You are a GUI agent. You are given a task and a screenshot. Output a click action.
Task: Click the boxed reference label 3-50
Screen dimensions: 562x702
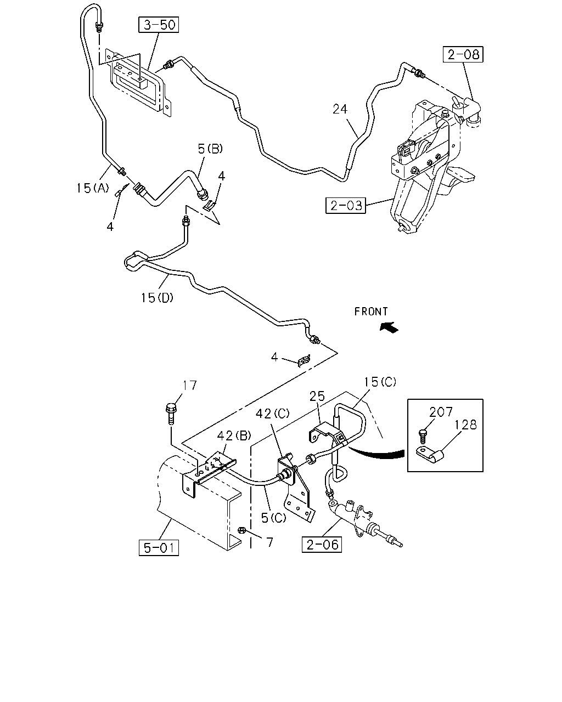pos(159,25)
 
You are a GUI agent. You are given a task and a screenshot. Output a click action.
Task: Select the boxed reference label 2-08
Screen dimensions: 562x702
pos(463,54)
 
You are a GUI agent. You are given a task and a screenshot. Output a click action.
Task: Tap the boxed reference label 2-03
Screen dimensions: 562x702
pos(346,206)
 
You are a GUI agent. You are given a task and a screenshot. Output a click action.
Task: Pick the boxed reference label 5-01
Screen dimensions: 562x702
pos(159,548)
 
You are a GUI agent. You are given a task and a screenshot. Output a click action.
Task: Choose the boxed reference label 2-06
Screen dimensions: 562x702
pos(322,545)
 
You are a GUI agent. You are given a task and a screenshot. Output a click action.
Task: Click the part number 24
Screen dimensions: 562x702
pos(340,109)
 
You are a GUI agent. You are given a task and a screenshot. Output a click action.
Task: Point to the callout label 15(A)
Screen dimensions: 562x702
pos(92,188)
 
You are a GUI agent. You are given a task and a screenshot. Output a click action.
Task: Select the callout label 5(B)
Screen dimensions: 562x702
pos(210,149)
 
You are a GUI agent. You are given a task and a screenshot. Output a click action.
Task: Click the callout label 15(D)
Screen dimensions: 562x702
pos(157,298)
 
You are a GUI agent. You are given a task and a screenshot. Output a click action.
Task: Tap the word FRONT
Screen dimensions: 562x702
pos(371,312)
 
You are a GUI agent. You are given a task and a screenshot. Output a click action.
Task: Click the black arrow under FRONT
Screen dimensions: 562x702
pos(389,327)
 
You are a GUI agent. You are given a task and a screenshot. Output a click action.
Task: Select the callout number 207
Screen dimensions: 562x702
pos(441,412)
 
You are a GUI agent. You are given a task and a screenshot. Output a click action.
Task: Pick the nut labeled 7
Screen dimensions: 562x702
pos(241,530)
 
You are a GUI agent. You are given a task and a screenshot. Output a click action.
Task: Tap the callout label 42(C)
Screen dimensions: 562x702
pos(272,414)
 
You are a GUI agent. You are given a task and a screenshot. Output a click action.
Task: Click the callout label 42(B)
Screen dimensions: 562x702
pos(234,435)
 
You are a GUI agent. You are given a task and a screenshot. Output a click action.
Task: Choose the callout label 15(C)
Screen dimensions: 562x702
pos(380,382)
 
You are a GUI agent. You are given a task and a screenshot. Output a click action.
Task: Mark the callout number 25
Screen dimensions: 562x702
pos(317,397)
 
